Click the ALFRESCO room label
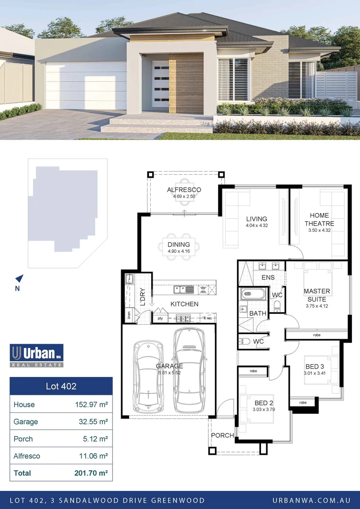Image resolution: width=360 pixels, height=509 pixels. point(184,190)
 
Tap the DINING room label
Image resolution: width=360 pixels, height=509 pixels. point(179,245)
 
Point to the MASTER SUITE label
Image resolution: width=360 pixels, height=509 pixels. point(317,295)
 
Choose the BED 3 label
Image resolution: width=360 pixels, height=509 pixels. point(315,367)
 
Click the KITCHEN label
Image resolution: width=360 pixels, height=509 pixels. point(184,304)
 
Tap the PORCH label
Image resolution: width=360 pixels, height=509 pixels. point(222,435)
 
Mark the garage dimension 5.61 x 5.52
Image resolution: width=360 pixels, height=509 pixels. point(170,372)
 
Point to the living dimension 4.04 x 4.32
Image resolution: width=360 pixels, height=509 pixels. point(256,226)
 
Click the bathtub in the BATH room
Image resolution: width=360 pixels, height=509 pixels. point(253,295)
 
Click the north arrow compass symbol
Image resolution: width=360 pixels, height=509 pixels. point(19,279)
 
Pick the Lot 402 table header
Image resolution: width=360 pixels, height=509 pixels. point(61,386)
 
